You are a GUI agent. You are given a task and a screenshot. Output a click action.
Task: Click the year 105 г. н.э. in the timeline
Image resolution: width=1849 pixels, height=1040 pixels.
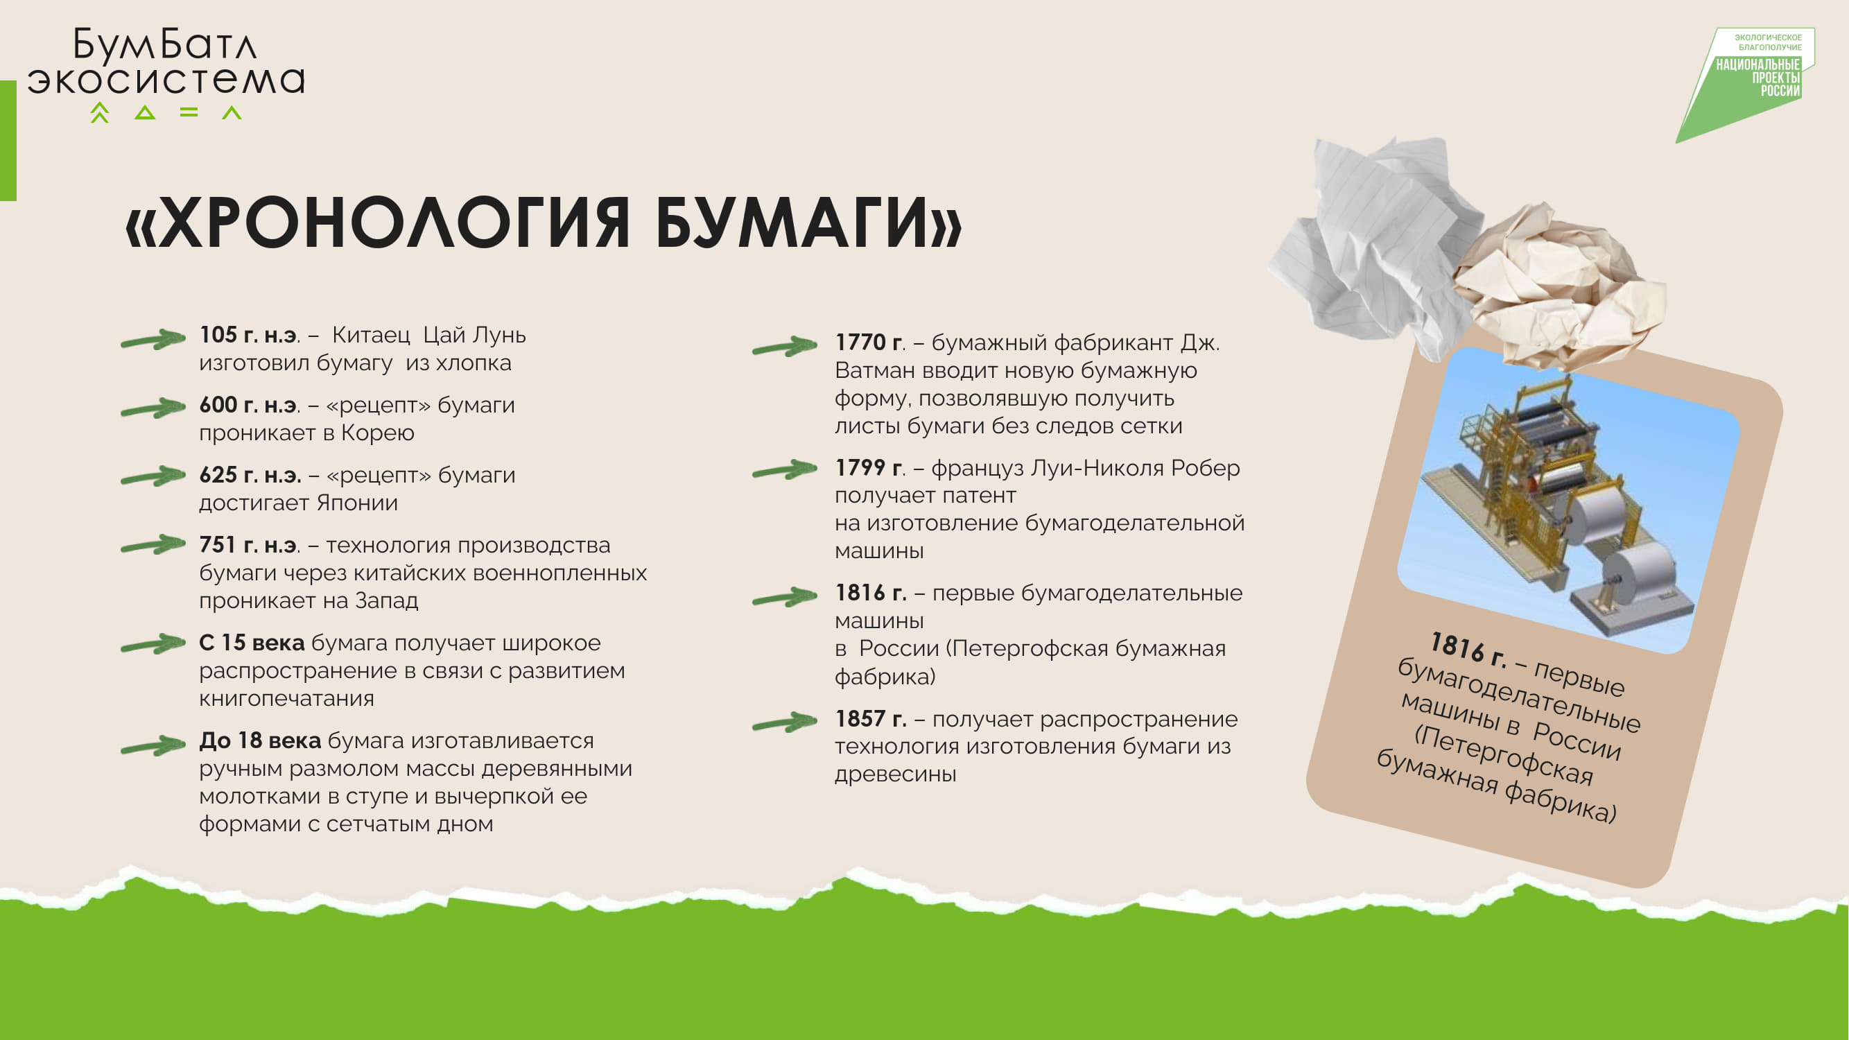248,335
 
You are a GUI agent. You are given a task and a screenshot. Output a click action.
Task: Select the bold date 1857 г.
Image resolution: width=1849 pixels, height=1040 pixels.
870,718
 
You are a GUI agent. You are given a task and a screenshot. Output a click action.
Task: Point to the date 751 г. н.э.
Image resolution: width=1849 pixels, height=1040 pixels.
248,546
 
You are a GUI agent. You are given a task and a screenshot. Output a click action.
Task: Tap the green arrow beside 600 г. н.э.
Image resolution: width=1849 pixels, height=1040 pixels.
153,408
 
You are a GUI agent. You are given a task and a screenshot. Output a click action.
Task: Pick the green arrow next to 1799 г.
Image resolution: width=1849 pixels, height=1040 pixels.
785,470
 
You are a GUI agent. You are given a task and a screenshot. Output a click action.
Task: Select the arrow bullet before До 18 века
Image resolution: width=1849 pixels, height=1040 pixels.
153,747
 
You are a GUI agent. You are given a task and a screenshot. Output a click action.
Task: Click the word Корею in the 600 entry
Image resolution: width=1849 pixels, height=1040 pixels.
378,433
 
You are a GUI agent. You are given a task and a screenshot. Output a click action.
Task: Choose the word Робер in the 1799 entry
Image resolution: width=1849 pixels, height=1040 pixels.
1205,468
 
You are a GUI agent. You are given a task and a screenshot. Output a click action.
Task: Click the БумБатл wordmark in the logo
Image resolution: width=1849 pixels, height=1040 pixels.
164,44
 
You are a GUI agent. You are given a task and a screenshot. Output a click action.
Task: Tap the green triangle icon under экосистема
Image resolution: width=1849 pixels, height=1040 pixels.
145,113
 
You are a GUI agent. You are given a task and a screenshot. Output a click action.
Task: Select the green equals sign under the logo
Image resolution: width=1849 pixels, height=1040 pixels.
189,112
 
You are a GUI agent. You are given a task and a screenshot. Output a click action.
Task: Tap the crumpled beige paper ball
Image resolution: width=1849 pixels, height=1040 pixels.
1558,287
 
